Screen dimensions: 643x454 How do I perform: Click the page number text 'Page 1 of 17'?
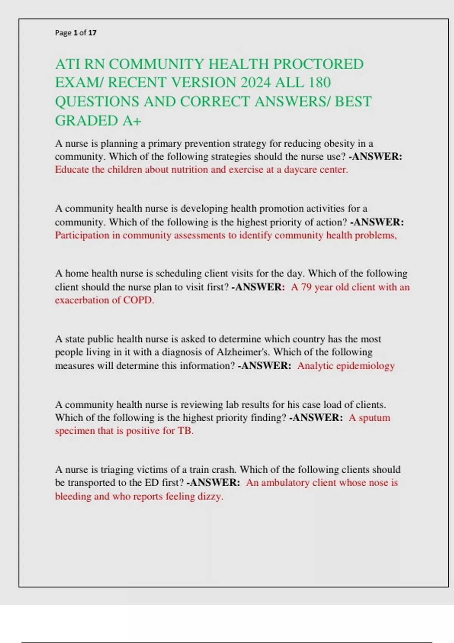[x=76, y=33]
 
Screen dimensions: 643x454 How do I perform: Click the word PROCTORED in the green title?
[x=318, y=64]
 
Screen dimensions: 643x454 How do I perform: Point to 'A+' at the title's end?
[x=132, y=121]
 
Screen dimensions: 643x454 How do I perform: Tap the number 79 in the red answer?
[x=306, y=287]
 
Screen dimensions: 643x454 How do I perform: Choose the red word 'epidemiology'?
[x=365, y=366]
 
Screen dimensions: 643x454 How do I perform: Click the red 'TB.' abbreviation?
[x=185, y=431]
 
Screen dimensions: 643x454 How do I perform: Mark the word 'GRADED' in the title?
[x=87, y=121]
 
